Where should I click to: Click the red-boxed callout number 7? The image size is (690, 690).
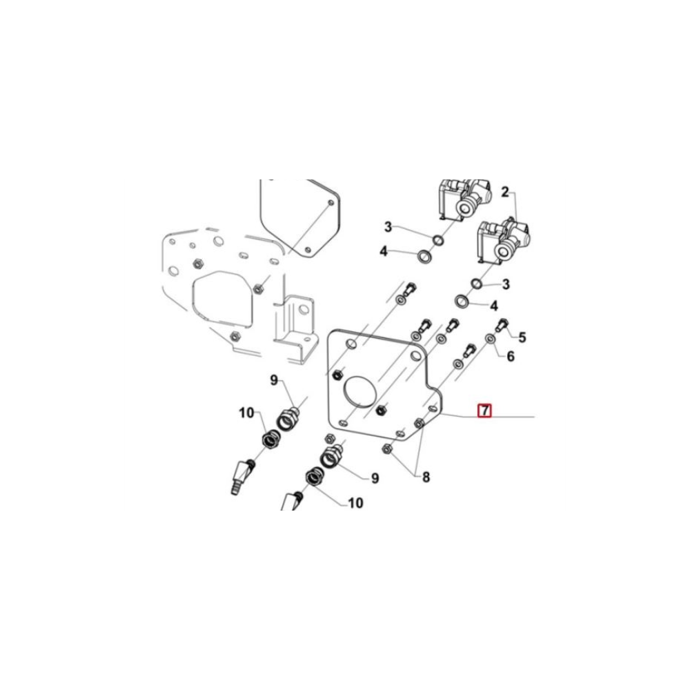tap(484, 410)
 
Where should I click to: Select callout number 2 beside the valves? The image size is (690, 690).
tap(505, 192)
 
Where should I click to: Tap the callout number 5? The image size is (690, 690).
tap(522, 337)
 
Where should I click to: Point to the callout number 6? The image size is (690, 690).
tap(510, 356)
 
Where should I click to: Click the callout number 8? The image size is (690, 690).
tap(426, 477)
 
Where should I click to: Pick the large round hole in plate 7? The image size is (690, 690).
tap(360, 391)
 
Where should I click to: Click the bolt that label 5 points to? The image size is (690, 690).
tap(502, 325)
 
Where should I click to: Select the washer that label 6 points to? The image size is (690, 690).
tap(489, 338)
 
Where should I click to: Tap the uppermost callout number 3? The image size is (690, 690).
tap(388, 227)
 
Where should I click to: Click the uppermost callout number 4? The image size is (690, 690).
tap(384, 252)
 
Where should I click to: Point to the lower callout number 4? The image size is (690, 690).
tap(494, 306)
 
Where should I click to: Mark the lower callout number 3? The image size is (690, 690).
tap(506, 284)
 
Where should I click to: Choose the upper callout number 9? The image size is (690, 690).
tap(275, 379)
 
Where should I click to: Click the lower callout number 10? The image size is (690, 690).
tap(355, 502)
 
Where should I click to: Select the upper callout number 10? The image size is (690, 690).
tap(247, 413)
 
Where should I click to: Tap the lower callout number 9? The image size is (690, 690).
tap(375, 478)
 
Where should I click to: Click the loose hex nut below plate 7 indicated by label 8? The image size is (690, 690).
tap(387, 449)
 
